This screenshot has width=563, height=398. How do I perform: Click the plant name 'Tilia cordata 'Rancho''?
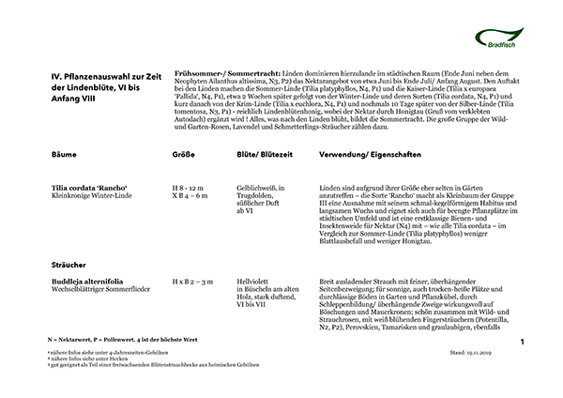89,188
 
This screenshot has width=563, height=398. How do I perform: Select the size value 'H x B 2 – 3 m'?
193,280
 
